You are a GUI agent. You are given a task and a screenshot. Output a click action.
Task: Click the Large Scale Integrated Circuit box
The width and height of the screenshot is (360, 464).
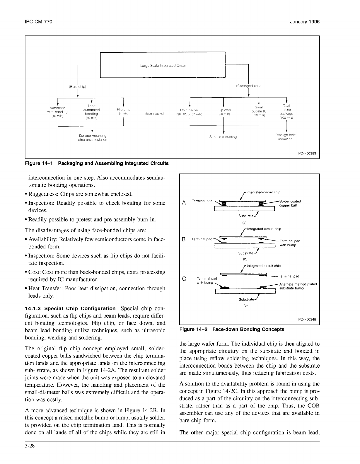(x=163, y=65)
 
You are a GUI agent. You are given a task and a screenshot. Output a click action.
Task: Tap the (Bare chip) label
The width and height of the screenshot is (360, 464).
(x=77, y=87)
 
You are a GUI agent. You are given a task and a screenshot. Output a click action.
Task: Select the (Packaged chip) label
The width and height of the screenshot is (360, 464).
(x=248, y=86)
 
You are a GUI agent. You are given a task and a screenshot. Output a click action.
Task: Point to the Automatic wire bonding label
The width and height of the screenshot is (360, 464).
(x=57, y=112)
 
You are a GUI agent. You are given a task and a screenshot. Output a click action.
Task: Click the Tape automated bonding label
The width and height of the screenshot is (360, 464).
(x=91, y=112)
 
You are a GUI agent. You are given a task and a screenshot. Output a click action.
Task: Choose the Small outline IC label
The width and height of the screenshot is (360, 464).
(x=259, y=111)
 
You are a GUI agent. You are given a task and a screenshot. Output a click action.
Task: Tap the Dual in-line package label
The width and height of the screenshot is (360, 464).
(x=286, y=112)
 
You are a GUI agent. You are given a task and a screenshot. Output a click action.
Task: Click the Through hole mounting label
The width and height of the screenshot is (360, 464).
(x=285, y=137)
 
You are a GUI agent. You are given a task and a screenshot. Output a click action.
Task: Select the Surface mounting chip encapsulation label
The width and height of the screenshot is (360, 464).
(x=93, y=138)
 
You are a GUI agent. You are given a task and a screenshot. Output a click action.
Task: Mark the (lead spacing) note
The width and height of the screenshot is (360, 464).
(x=155, y=114)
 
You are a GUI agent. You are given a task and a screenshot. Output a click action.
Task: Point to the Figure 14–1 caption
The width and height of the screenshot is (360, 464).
(x=97, y=163)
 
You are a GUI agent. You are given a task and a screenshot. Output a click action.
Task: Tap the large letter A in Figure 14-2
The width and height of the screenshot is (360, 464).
(x=184, y=203)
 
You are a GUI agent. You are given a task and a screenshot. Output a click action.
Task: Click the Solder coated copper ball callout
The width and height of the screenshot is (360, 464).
(x=290, y=203)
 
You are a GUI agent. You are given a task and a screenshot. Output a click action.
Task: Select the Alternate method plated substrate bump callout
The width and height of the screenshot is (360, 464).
(x=298, y=286)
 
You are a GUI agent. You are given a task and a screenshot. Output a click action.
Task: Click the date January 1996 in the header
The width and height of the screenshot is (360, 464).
(x=305, y=22)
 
